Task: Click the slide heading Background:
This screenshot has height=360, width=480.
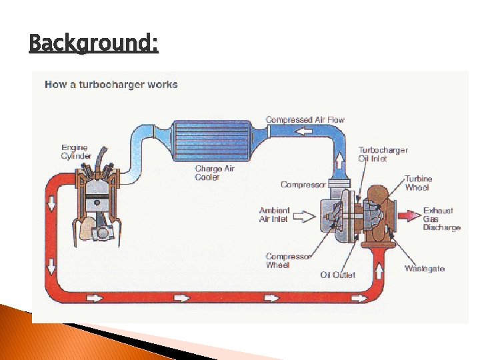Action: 93,44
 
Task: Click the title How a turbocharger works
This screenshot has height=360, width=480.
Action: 111,85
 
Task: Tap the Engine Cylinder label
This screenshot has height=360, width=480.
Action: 76,151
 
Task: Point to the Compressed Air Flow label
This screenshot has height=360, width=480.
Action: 305,120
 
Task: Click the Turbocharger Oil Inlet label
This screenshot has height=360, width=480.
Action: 383,154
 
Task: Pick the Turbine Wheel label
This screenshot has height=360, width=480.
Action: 418,183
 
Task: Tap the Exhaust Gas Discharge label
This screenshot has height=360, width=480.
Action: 441,219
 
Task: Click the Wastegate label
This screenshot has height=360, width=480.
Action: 425,269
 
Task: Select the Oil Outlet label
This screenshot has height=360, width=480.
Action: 337,275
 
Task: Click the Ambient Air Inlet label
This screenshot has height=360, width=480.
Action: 273,215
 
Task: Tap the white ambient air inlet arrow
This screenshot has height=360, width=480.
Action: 303,216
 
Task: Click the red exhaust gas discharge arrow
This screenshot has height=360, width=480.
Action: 409,215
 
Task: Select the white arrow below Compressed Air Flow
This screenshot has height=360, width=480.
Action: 303,131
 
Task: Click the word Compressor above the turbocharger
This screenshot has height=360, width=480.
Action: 303,185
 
